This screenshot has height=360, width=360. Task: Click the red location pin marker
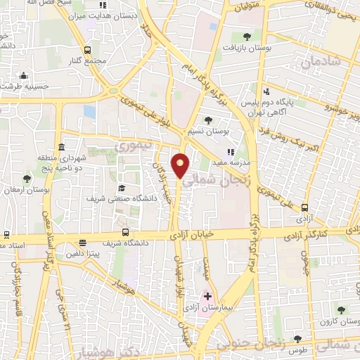pyautogui.click(x=181, y=165)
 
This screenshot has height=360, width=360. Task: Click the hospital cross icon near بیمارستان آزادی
pyautogui.click(x=207, y=297)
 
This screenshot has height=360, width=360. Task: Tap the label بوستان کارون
pyautogui.click(x=333, y=321)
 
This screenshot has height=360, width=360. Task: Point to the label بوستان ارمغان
pyautogui.click(x=26, y=190)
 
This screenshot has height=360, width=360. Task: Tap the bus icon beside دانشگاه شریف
pyautogui.click(x=125, y=232)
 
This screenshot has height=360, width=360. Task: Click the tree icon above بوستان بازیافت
pyautogui.click(x=247, y=37)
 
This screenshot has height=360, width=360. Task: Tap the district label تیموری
pyautogui.click(x=129, y=147)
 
